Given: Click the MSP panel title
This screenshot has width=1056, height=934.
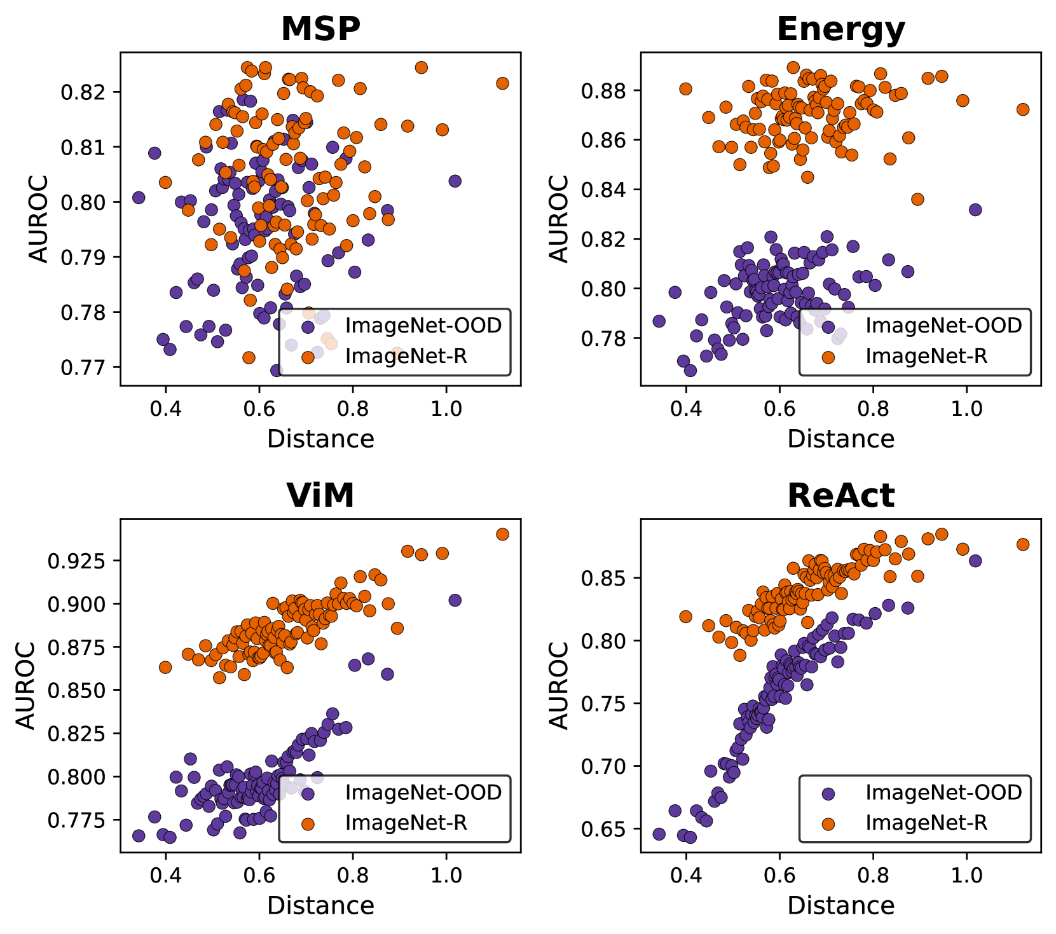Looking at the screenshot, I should [320, 29].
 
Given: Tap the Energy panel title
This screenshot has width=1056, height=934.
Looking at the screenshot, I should [840, 29].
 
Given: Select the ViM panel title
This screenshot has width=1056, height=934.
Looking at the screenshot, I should [320, 495].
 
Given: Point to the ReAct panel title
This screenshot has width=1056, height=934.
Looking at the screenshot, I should [840, 495].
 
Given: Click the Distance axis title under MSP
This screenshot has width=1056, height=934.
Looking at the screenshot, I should [320, 439].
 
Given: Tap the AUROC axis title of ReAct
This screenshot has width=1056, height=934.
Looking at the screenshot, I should [559, 685].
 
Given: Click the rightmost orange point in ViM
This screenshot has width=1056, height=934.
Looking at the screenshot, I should [502, 534].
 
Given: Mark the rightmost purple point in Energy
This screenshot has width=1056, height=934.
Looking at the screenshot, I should [975, 209].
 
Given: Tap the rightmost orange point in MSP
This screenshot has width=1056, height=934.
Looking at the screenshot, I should [502, 83].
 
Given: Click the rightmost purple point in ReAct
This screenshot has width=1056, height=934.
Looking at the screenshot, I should [975, 561].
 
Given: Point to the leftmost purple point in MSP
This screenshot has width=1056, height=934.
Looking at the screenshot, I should [139, 198].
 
